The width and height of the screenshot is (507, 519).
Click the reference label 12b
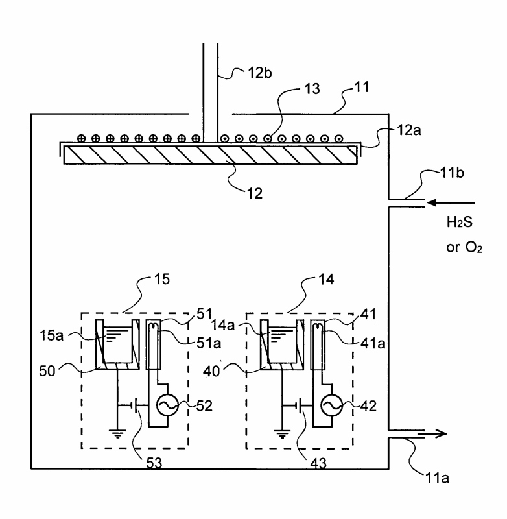pos(260,73)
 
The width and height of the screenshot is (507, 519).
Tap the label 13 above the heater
pos(312,89)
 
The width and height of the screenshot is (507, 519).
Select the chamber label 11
pos(362,87)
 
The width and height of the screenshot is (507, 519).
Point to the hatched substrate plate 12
pos(210,155)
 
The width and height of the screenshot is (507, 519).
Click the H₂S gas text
pos(460,222)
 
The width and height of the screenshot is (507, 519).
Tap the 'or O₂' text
pos(464,248)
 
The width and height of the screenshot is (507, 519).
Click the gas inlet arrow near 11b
pos(451,202)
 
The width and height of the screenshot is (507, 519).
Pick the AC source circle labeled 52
pos(167,405)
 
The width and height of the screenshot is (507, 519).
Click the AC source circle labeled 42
pos(332,405)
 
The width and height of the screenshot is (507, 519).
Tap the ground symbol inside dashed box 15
pos(117,433)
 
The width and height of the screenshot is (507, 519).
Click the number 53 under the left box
pos(154,463)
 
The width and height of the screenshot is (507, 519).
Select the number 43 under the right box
pos(318,463)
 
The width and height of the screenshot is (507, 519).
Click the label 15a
pos(51,335)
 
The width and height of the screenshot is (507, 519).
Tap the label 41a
pos(373,344)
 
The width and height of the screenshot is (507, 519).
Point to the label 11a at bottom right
pos(437,478)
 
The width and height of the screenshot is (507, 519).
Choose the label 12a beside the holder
pos(408,130)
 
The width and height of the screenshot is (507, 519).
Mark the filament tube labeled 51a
pos(154,344)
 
